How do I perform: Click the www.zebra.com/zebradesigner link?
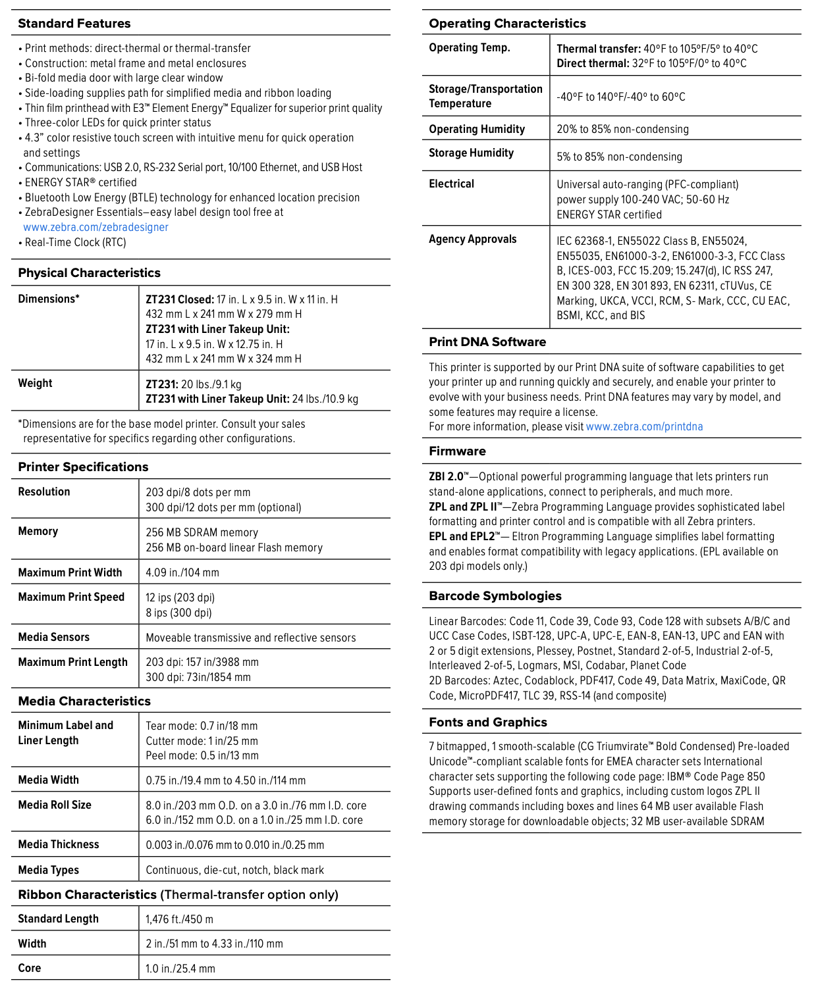click(96, 227)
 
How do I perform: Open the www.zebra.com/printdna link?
click(644, 426)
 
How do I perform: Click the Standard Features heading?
click(74, 24)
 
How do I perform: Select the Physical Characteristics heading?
click(90, 273)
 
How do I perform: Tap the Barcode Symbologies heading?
click(495, 596)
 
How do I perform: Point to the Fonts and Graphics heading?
click(488, 722)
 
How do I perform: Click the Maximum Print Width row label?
click(70, 572)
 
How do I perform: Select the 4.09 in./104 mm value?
click(182, 572)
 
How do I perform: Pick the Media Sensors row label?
click(54, 637)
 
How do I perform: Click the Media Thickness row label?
click(59, 844)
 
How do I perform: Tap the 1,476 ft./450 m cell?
click(180, 919)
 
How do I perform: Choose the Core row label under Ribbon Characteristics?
click(30, 968)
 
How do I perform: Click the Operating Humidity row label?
click(477, 129)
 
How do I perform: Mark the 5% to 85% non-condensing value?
click(619, 157)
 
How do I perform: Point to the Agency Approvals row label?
click(473, 239)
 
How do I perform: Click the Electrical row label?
click(452, 184)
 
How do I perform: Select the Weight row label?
click(36, 383)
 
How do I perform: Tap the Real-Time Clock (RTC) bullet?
click(75, 242)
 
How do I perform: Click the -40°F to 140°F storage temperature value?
click(621, 97)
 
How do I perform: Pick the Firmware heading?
click(458, 451)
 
